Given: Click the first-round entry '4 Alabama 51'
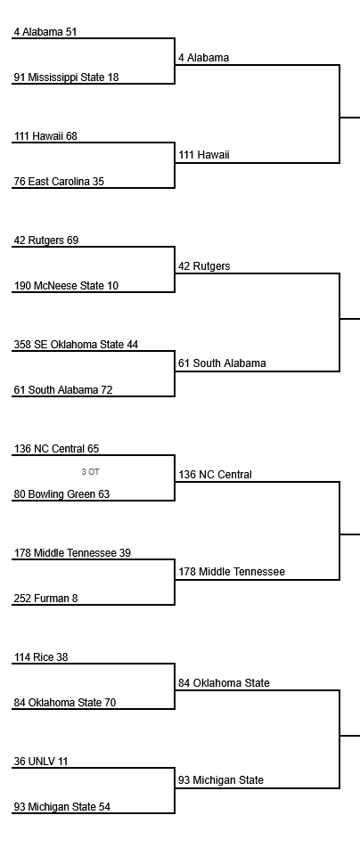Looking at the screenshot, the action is pos(45,32).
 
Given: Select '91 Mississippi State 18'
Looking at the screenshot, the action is pos(66,77).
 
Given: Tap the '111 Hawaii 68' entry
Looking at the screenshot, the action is pos(45,136).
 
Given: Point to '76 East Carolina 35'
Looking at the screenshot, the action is pos(59,182).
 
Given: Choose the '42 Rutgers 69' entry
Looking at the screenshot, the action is pos(46,241).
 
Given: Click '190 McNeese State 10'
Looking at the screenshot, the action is pos(66,286).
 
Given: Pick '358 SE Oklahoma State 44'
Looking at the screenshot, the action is pos(77,345).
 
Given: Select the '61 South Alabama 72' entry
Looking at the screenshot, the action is pos(63,390).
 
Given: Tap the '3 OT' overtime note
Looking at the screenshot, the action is pos(90,472).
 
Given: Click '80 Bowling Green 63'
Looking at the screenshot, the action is pos(61,494).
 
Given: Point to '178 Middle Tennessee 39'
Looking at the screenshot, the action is pos(72,552).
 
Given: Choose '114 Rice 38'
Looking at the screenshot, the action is pos(41,657).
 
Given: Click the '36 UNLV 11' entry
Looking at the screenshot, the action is pos(41,762).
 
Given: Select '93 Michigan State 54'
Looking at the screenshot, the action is pos(62,807).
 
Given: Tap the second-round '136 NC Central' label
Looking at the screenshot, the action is pos(216,475).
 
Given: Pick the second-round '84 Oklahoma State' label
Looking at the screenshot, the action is pos(225,683).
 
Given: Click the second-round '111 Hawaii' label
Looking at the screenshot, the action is pos(204,155).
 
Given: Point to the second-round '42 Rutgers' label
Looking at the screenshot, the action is pos(204,266).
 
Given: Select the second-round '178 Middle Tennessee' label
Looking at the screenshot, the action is pos(232,572).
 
